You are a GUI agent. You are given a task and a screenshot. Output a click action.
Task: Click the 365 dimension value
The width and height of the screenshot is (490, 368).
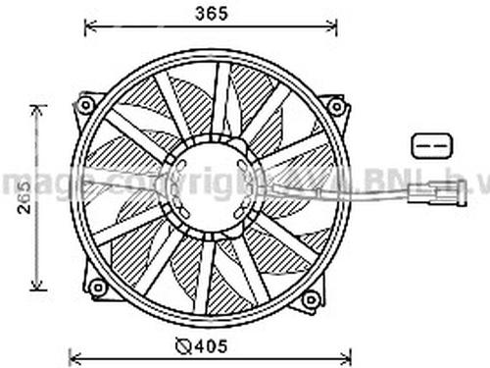212,14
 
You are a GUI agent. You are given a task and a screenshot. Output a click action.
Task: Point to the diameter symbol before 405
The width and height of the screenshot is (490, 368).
183,346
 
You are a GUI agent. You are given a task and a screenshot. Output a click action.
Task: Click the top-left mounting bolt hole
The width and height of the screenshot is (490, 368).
85,104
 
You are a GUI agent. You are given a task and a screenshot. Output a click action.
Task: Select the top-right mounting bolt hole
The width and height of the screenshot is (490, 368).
335,105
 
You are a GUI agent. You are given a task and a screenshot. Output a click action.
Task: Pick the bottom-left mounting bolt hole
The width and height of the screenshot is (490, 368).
96,288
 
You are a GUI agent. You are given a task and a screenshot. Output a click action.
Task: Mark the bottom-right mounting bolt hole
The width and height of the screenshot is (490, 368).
310,297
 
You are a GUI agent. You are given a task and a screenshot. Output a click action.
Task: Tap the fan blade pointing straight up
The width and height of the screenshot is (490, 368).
219,98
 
